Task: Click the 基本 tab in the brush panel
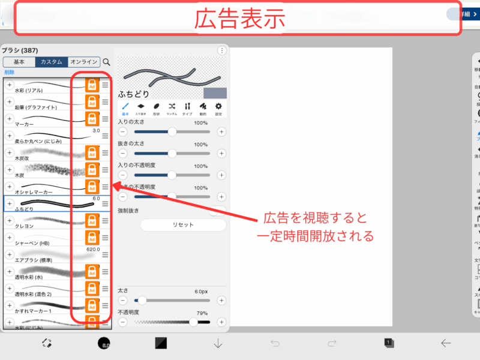coord(19,62)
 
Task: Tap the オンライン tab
coord(83,62)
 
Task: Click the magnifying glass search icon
coord(107,62)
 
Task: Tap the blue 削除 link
coord(10,72)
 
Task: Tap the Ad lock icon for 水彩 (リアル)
coord(92,85)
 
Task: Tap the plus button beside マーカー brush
coord(10,119)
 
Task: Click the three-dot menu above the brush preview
coord(222,51)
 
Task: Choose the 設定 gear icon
coord(218,107)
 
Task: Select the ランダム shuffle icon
coord(172,107)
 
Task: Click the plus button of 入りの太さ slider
coord(221,131)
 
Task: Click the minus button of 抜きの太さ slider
coord(123,153)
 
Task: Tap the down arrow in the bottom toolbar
coord(218,343)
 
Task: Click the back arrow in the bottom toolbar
coord(445,343)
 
